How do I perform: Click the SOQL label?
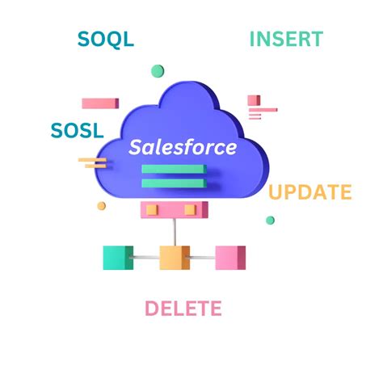pyautogui.click(x=106, y=40)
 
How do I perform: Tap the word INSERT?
pyautogui.click(x=286, y=39)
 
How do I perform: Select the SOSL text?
pyautogui.click(x=77, y=131)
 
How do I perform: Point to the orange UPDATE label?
pyautogui.click(x=310, y=191)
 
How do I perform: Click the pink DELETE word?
pyautogui.click(x=183, y=308)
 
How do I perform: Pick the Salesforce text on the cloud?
pyautogui.click(x=183, y=147)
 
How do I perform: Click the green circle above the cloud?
pyautogui.click(x=158, y=71)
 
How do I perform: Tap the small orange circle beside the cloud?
pyautogui.click(x=102, y=206)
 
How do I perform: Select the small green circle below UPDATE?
pyautogui.click(x=270, y=220)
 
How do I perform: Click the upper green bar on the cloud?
pyautogui.click(x=174, y=169)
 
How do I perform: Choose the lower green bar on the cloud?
pyautogui.click(x=174, y=183)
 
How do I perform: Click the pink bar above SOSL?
pyautogui.click(x=100, y=103)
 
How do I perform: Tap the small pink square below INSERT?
pyautogui.click(x=254, y=100)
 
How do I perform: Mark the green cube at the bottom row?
pyautogui.click(x=118, y=258)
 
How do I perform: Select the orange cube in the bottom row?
pyautogui.click(x=175, y=258)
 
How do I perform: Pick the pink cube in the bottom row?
pyautogui.click(x=230, y=258)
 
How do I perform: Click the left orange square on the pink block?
pyautogui.click(x=152, y=210)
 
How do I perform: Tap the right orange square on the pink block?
pyautogui.click(x=191, y=210)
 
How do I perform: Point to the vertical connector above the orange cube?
pyautogui.click(x=175, y=232)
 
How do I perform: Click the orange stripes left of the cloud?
pyautogui.click(x=93, y=163)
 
